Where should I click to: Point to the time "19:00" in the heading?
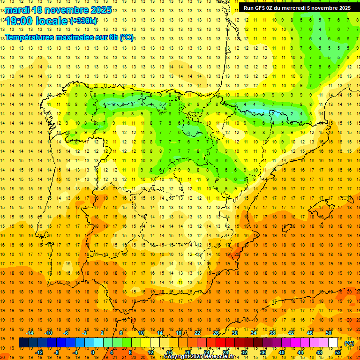pos(19,21)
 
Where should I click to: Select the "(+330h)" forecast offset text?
pos(83,21)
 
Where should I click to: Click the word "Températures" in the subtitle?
pos(30,37)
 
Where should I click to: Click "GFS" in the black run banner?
pos(259,8)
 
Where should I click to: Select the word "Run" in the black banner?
pos(248,8)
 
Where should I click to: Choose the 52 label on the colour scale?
pos(337,352)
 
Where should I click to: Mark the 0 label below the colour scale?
pos(92,352)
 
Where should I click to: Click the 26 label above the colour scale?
pos(216,333)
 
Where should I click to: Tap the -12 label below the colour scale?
pos(39,352)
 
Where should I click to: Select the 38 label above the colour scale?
pos(272,333)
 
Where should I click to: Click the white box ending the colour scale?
pos(333,343)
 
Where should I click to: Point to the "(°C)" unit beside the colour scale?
pos(349,343)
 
